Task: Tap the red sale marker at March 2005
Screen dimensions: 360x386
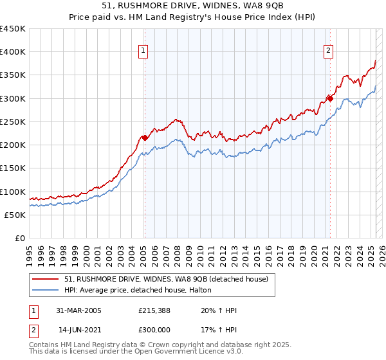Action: [x=145, y=137]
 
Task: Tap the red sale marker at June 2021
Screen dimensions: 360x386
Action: [x=330, y=98]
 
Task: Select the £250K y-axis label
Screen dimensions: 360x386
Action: [x=13, y=122]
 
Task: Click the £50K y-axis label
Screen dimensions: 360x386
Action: [x=15, y=215]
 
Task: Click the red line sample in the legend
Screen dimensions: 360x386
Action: [x=46, y=278]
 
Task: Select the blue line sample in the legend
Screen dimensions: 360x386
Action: [x=46, y=290]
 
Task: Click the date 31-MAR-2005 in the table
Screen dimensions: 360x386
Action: [x=78, y=310]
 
